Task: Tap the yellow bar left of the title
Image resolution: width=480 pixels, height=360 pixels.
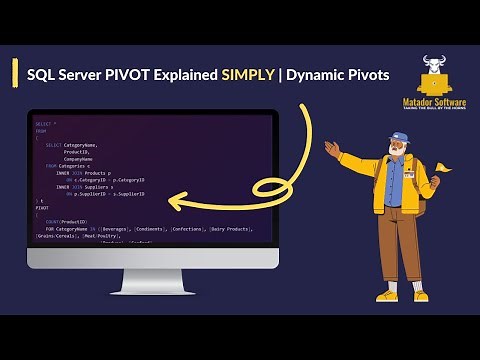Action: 14,72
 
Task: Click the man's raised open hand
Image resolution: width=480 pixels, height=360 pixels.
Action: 333,151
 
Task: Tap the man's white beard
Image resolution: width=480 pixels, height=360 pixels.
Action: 396,160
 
